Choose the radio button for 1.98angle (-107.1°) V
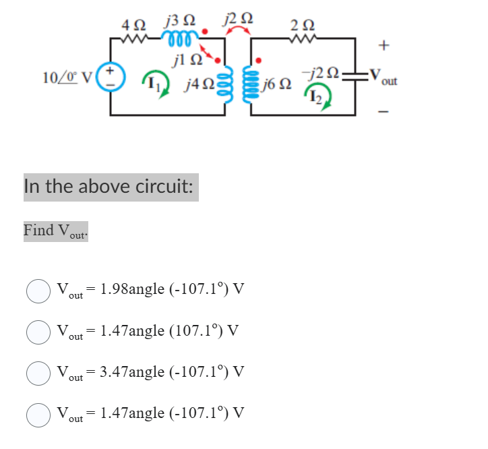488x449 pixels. [38, 291]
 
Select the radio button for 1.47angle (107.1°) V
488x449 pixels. [38, 332]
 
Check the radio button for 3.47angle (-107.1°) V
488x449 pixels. [38, 373]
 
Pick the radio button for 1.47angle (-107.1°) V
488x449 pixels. [38, 415]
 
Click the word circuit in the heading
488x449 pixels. [161, 186]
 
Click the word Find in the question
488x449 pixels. [38, 230]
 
